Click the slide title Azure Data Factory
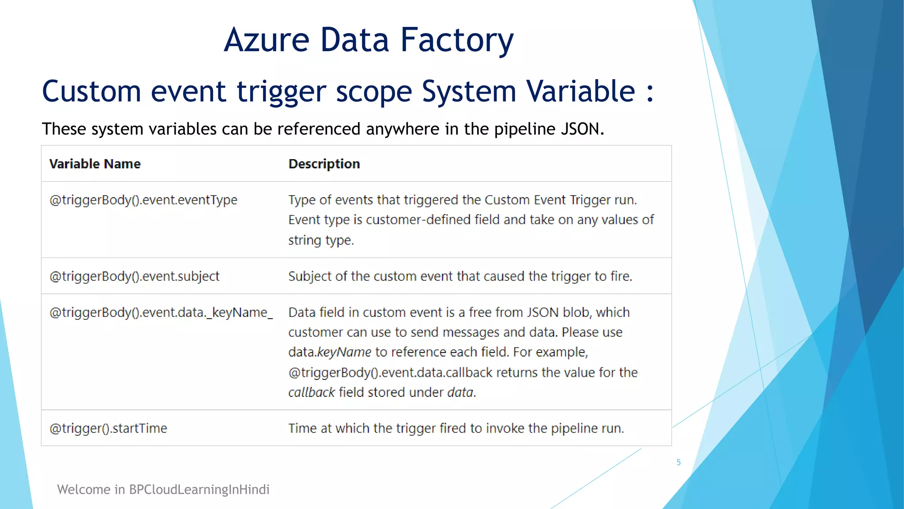[369, 40]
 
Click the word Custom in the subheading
[91, 91]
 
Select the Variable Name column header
[95, 164]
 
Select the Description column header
[324, 164]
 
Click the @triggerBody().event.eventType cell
[143, 200]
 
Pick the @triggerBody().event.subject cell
[134, 277]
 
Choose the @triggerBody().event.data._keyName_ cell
[161, 313]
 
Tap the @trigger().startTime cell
[108, 429]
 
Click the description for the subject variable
[460, 277]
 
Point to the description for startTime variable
[456, 429]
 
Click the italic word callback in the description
[312, 392]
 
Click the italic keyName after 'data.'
[344, 352]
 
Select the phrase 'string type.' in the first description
[321, 240]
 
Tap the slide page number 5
[678, 462]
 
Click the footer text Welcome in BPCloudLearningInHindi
[163, 490]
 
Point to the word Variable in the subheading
[581, 91]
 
